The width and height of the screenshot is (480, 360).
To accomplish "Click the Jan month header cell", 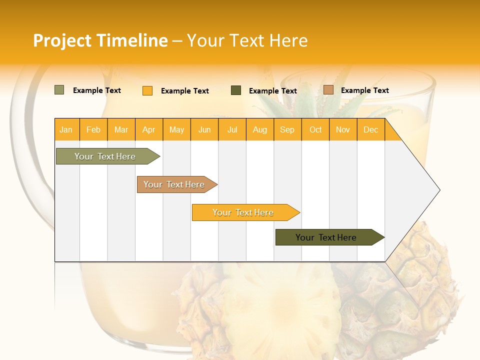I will click(x=66, y=129).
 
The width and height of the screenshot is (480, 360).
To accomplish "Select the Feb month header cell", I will click(x=93, y=129).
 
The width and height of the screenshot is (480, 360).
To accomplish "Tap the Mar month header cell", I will click(x=121, y=129).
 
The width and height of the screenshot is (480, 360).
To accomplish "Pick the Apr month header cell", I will click(x=149, y=129).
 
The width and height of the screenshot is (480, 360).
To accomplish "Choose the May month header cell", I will click(x=176, y=129).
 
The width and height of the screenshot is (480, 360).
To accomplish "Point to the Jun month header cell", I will click(x=204, y=129).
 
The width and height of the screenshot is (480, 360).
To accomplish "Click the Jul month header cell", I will click(x=232, y=129).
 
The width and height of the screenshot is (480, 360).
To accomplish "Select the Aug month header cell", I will click(x=260, y=129).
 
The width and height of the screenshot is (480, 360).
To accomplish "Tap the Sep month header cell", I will click(x=287, y=129).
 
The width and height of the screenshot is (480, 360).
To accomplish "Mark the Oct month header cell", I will click(x=315, y=129).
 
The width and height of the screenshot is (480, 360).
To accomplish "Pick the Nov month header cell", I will click(x=343, y=129).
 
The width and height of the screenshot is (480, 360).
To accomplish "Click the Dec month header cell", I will click(x=371, y=129).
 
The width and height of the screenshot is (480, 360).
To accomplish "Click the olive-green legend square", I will click(x=59, y=90).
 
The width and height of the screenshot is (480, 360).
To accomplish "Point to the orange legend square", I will click(x=147, y=90).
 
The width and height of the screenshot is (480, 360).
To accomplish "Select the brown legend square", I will click(x=328, y=90).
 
